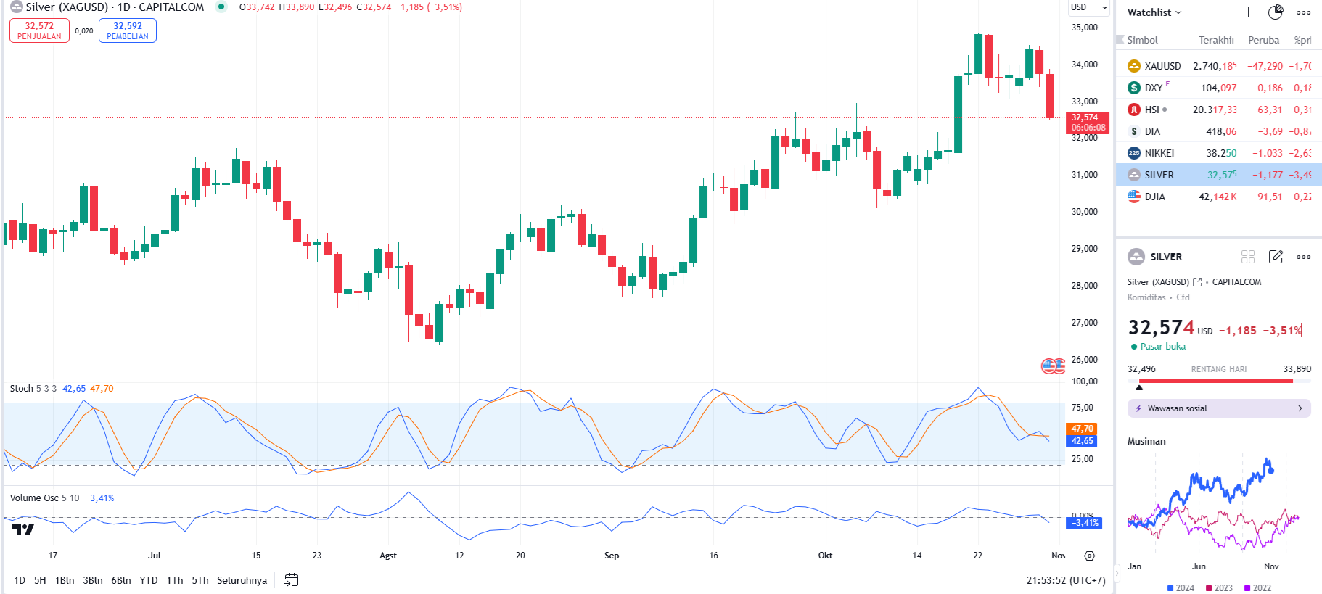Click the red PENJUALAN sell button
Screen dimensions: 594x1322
click(39, 30)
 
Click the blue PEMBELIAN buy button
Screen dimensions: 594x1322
click(127, 30)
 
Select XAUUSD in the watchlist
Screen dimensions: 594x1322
click(1162, 66)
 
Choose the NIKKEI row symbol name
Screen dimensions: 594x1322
click(1159, 153)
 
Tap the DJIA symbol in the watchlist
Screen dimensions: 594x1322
click(1154, 197)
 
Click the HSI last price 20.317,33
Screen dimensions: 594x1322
click(1214, 110)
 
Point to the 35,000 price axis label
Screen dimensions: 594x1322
click(1084, 28)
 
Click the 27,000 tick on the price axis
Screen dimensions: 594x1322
click(1084, 323)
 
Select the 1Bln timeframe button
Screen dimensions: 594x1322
click(65, 580)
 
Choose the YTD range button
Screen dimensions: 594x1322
click(149, 580)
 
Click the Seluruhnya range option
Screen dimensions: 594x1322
click(242, 580)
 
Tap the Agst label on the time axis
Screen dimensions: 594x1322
click(388, 556)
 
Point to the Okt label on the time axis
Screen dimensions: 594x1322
click(825, 556)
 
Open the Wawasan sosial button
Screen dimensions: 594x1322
click(1218, 408)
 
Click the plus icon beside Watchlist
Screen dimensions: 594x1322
click(1248, 12)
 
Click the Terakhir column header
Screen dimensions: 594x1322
click(1215, 40)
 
